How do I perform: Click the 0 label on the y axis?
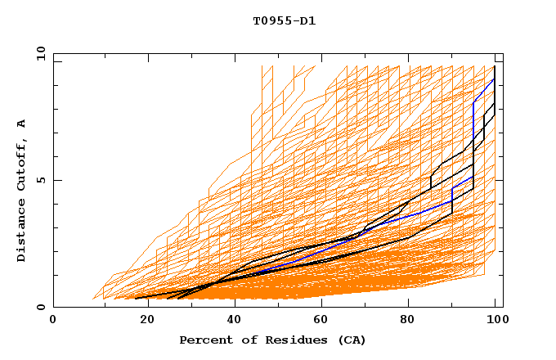click(40, 307)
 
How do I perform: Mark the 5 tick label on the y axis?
click(40, 180)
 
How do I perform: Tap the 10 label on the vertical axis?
click(37, 53)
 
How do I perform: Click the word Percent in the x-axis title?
click(204, 340)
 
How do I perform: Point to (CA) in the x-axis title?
click(352, 340)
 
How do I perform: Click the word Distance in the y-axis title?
click(21, 230)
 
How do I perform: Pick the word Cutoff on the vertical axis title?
click(21, 164)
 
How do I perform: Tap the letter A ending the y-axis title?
click(21, 123)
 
